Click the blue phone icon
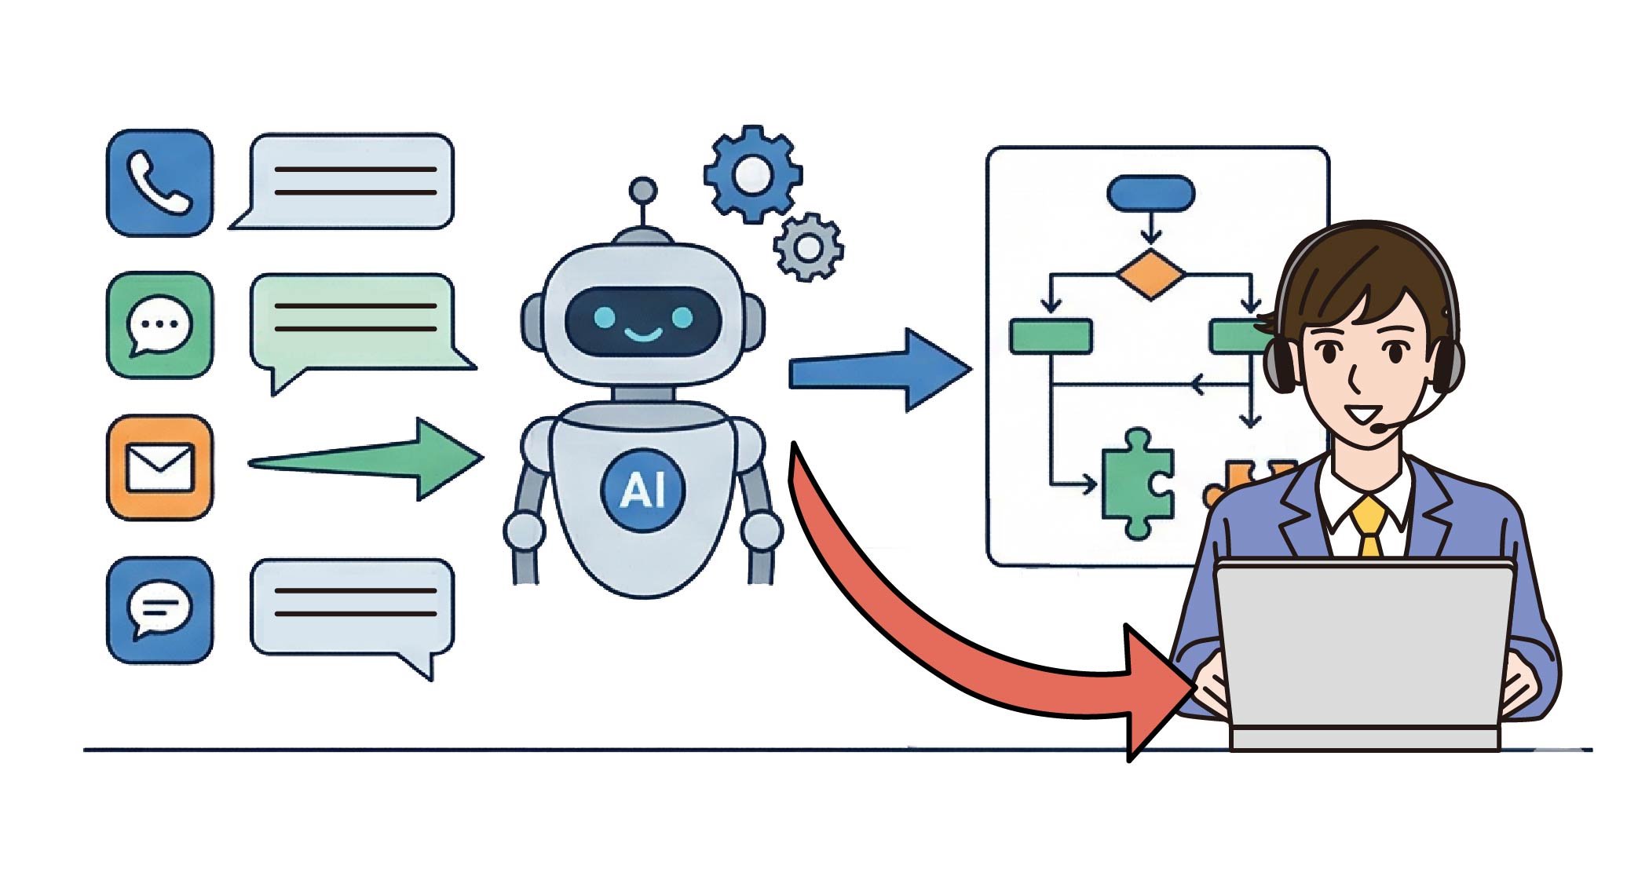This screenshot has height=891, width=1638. (x=159, y=183)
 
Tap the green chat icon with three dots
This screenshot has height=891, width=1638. (x=159, y=325)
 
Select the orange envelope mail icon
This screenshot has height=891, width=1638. (x=159, y=467)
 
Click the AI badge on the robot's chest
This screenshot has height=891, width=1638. (x=642, y=490)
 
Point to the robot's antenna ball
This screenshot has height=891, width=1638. (x=643, y=190)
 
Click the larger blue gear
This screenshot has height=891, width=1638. (x=752, y=173)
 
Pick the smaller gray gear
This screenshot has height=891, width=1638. (x=808, y=247)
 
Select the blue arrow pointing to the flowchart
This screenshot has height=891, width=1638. (x=879, y=371)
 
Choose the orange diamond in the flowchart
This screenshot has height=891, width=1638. (x=1150, y=274)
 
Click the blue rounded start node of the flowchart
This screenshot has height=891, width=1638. (x=1150, y=193)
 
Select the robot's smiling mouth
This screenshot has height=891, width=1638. (x=642, y=334)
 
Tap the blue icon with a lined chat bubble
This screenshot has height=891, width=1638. (x=159, y=609)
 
